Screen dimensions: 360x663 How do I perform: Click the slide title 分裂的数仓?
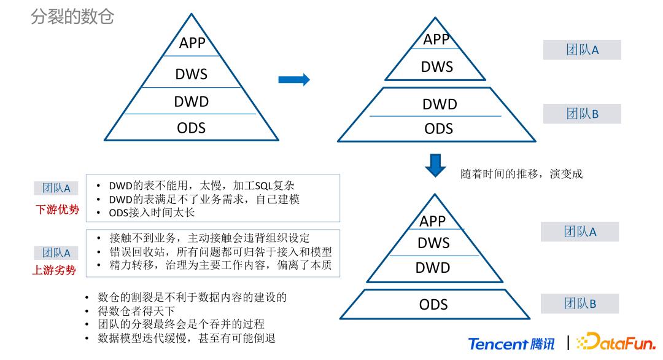coord(72,17)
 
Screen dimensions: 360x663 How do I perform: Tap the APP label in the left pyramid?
coord(192,43)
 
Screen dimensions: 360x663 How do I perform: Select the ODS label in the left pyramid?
coord(191,128)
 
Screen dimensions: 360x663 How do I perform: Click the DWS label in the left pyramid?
coord(191,74)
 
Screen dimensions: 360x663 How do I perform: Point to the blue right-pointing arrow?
coord(293,80)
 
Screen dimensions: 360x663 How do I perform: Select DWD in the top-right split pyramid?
coord(440,104)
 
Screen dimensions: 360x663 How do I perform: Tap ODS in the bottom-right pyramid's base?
coord(433,304)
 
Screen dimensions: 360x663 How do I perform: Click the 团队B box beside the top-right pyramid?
coord(581,114)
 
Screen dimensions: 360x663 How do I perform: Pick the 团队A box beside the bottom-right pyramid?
coord(580,232)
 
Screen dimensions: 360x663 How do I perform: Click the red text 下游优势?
coord(56,210)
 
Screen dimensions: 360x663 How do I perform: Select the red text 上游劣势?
coord(56,269)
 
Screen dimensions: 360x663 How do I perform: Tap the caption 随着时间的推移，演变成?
coord(521,173)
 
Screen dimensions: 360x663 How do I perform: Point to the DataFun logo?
coord(617,343)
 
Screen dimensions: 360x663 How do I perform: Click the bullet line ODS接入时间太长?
coord(151,213)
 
